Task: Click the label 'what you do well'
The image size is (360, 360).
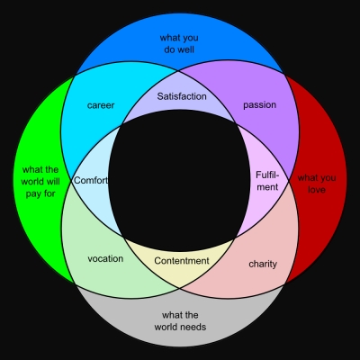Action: click(179, 44)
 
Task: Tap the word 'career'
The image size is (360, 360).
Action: click(101, 105)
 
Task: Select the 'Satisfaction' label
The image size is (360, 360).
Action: click(182, 96)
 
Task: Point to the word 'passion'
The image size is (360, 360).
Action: click(260, 105)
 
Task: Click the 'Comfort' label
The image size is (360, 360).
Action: click(91, 180)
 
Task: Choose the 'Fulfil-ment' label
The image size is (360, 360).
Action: click(267, 181)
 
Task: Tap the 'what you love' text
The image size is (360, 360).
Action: click(317, 184)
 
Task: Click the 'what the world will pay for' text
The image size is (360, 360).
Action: click(40, 182)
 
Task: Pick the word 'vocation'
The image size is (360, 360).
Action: click(105, 258)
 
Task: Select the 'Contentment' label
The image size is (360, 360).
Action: click(182, 261)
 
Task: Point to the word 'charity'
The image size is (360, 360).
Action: click(263, 264)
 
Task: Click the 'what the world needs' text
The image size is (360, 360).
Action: click(180, 320)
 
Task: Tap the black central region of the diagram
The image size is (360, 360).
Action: click(179, 181)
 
